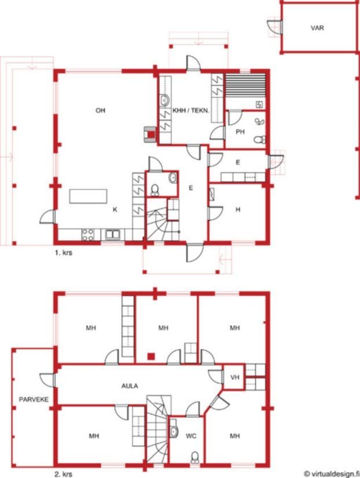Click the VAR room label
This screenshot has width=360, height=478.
point(317,28)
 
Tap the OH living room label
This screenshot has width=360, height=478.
point(100,111)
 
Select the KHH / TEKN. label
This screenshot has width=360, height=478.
point(191,111)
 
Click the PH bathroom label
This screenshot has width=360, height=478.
point(240,132)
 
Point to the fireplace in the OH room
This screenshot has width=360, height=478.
point(150,134)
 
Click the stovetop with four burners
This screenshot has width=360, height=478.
point(87,234)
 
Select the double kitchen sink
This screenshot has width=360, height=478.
point(113,234)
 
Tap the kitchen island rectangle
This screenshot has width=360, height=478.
point(88,196)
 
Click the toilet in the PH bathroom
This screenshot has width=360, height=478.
point(259,139)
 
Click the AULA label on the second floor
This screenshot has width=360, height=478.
point(130,386)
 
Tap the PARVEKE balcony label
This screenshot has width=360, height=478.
point(34,399)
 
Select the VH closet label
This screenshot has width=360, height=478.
point(234,377)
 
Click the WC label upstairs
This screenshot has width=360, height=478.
point(191,436)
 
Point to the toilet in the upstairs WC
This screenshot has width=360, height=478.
point(194,457)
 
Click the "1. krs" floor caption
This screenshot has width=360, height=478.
point(64,253)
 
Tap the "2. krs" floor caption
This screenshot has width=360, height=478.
point(64,475)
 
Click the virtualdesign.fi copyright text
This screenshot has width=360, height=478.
point(332,474)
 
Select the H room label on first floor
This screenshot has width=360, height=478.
point(238,209)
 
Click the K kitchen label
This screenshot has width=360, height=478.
point(115,209)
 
